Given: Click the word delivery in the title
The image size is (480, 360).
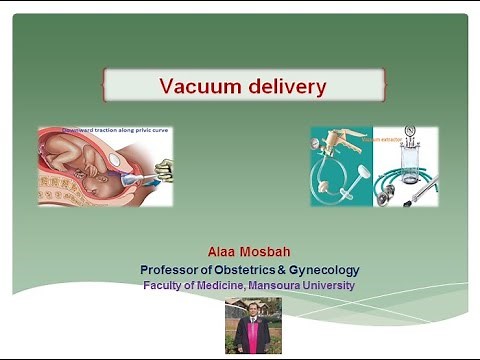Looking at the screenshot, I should [x=284, y=87].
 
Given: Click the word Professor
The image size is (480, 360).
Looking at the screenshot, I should [x=173, y=270].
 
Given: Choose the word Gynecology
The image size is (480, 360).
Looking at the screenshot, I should [x=326, y=270].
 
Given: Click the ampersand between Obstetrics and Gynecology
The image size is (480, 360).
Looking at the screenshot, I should [x=288, y=270].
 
